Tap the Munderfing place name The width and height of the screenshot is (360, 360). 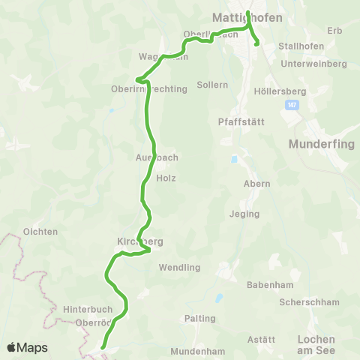pos(320,145)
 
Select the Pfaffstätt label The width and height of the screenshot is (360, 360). pos(238,121)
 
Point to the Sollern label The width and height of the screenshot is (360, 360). pos(212,85)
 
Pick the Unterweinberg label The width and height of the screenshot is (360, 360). pos(313,64)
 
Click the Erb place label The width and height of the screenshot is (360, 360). pos(334,30)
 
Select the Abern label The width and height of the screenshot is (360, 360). pos(256,184)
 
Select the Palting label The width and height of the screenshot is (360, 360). pos(199,318)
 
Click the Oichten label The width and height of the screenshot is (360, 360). pos(40,232)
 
